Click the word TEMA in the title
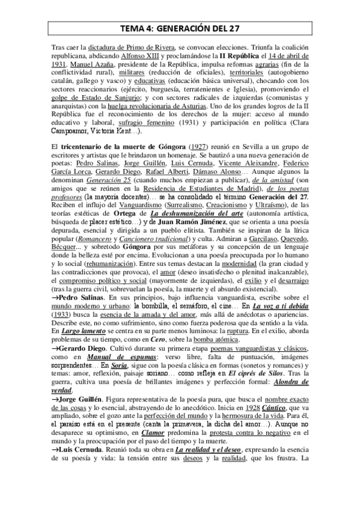[x=132, y=27]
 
